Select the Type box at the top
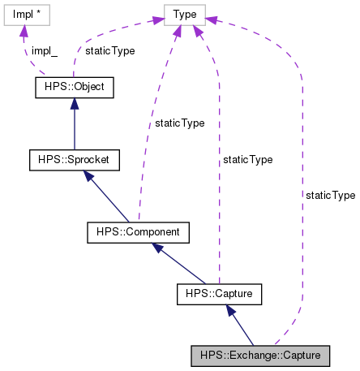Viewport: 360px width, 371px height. [x=184, y=14]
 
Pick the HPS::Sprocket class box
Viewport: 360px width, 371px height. [x=74, y=160]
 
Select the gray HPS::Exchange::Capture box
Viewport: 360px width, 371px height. [x=260, y=355]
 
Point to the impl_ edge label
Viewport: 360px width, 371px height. [x=44, y=50]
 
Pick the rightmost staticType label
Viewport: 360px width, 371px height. [x=330, y=196]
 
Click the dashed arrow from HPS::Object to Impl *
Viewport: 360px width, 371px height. [x=26, y=49]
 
